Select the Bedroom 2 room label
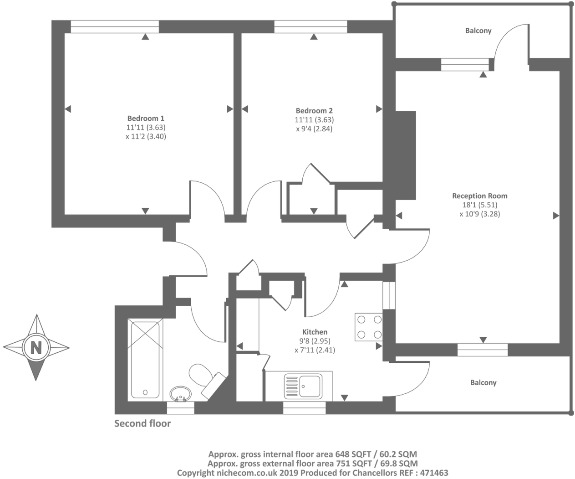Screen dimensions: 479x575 (x=314, y=111)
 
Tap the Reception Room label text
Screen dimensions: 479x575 (x=479, y=196)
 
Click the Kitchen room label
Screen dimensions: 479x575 (x=315, y=332)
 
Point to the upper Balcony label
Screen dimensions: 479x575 (x=478, y=31)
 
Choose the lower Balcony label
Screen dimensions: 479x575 (x=483, y=383)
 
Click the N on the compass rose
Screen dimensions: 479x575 (x=36, y=347)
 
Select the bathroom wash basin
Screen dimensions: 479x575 (x=180, y=394)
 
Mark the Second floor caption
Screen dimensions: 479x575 (x=142, y=423)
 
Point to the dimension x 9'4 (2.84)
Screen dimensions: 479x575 (x=314, y=129)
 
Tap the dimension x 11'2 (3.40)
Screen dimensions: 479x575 (x=146, y=136)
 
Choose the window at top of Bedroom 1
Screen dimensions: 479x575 (x=115, y=27)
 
